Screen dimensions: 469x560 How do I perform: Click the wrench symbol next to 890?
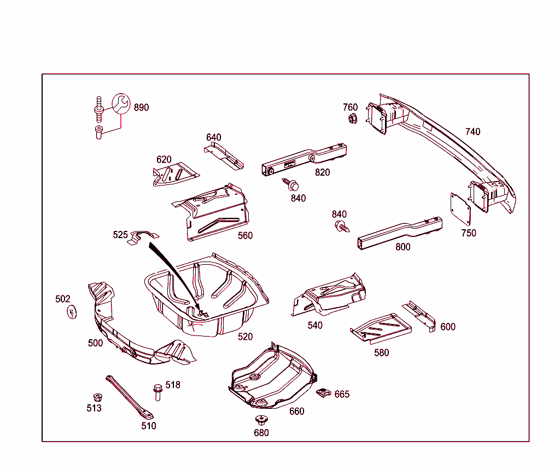121,103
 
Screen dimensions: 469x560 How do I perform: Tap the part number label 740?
472,131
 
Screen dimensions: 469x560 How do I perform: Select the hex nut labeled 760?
352,118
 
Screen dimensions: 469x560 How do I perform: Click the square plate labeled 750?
460,209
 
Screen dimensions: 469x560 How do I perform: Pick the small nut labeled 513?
97,397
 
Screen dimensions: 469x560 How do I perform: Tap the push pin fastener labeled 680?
261,420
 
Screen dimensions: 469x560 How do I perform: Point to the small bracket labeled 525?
142,236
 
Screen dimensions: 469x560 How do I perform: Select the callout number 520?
245,337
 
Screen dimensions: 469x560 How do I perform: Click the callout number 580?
381,352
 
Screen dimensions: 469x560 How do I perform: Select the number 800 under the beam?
402,247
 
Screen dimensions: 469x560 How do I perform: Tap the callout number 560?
245,235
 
